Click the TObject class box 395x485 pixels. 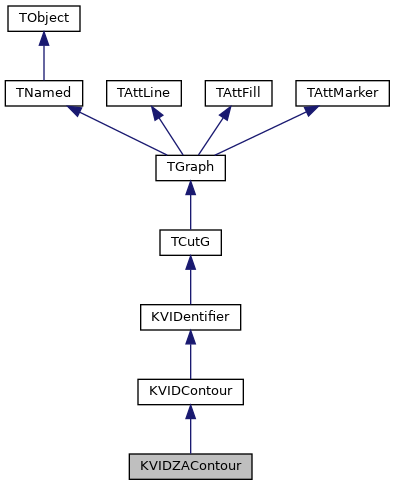[x=42, y=19]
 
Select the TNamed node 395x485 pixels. [x=42, y=93]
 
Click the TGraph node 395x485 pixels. [x=190, y=168]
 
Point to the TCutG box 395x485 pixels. [x=190, y=243]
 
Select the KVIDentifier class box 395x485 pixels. [x=190, y=317]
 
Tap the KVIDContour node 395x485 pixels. [x=190, y=392]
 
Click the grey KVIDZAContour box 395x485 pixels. [x=190, y=466]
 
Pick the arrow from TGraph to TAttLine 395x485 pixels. [x=166, y=132]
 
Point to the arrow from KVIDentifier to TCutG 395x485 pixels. [x=190, y=281]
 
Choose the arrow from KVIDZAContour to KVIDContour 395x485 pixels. [x=190, y=430]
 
